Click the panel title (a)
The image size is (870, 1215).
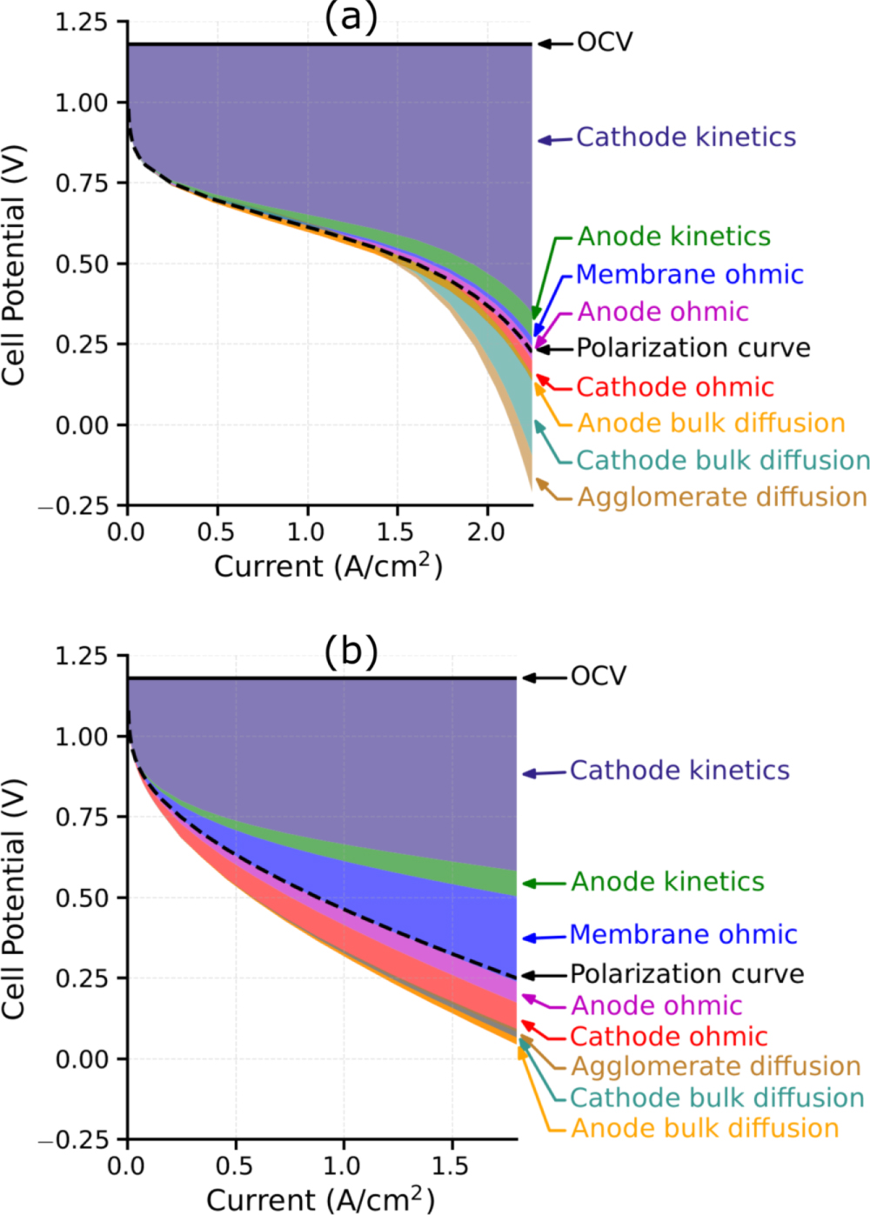pyautogui.click(x=351, y=17)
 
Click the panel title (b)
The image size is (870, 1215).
pyautogui.click(x=351, y=651)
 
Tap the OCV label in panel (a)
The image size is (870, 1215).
pyautogui.click(x=605, y=43)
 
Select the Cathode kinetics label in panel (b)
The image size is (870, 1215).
pyautogui.click(x=679, y=771)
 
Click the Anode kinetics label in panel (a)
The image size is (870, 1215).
pyautogui.click(x=674, y=237)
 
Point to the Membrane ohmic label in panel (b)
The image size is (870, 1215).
pyautogui.click(x=683, y=935)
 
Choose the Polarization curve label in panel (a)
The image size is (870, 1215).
pyautogui.click(x=693, y=348)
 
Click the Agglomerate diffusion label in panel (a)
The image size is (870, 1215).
pyautogui.click(x=722, y=497)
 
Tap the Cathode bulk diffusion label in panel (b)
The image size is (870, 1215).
pyautogui.click(x=717, y=1098)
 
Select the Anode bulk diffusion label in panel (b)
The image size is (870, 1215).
pyautogui.click(x=705, y=1129)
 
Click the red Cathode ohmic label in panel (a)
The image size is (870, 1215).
pyautogui.click(x=674, y=387)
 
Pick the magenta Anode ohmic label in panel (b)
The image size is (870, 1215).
pyautogui.click(x=656, y=1006)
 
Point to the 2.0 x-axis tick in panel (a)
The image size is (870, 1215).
pyautogui.click(x=485, y=532)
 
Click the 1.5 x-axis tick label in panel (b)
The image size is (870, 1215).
pyautogui.click(x=451, y=1166)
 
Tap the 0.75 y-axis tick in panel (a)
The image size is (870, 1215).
pyautogui.click(x=81, y=184)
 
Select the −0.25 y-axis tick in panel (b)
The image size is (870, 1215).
pyautogui.click(x=74, y=1140)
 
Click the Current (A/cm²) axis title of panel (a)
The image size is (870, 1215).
pyautogui.click(x=328, y=566)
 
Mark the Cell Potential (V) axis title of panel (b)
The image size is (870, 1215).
pyautogui.click(x=13, y=898)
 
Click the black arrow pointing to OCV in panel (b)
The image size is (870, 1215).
pyautogui.click(x=544, y=678)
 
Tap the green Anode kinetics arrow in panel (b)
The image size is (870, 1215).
pyautogui.click(x=544, y=884)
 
